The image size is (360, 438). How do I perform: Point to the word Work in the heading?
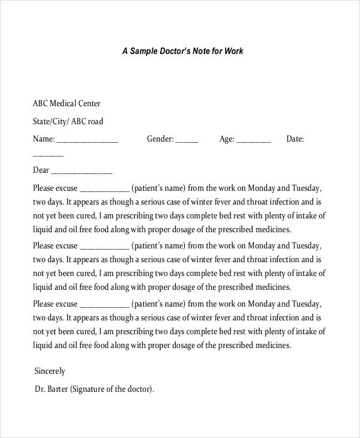(234, 52)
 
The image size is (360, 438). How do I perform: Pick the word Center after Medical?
(90, 103)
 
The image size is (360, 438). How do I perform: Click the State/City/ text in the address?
(52, 121)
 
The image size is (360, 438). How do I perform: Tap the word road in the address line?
(95, 121)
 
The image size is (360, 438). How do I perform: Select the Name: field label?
(44, 139)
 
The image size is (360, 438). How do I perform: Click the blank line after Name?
(87, 142)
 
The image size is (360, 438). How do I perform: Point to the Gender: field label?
(160, 139)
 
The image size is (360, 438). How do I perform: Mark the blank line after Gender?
(187, 142)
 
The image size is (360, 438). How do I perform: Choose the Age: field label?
(227, 139)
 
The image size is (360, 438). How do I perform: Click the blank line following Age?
(254, 142)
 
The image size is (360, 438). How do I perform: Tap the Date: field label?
(295, 139)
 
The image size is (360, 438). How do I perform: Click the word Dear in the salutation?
(41, 170)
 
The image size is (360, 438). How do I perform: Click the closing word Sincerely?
(50, 371)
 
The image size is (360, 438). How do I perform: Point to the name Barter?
(58, 389)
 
